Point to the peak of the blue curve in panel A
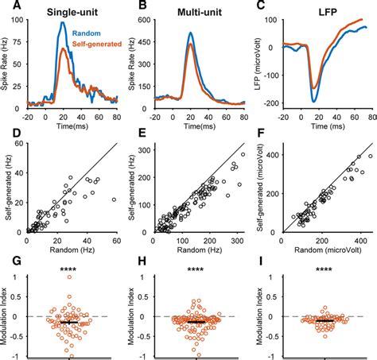point(63,23)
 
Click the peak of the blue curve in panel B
point(191,33)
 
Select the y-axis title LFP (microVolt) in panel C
point(259,67)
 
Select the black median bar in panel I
point(324,320)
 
